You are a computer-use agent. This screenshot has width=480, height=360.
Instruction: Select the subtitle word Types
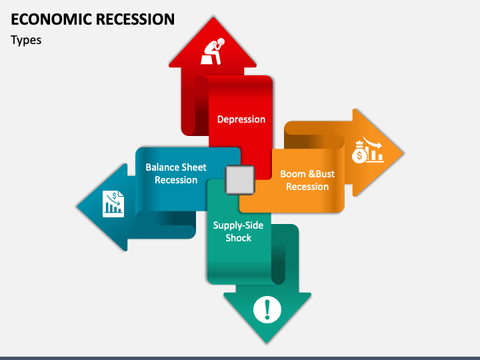click(26, 40)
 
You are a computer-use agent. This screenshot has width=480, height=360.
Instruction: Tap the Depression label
click(241, 119)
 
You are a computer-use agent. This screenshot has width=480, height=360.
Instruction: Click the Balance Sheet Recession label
click(176, 173)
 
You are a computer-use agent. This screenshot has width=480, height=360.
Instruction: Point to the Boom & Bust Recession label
click(307, 180)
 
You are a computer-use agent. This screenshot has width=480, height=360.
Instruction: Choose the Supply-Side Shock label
click(238, 231)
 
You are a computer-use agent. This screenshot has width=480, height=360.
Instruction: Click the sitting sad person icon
click(213, 51)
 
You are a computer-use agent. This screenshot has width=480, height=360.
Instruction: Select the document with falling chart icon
click(113, 203)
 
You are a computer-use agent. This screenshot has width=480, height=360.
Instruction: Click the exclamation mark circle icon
click(267, 309)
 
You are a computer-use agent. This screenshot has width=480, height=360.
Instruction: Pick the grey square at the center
click(240, 179)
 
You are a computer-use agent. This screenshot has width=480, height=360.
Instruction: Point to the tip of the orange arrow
click(403, 152)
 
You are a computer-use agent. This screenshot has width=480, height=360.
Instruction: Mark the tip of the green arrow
click(267, 342)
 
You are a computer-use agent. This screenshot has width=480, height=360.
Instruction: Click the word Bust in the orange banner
click(324, 174)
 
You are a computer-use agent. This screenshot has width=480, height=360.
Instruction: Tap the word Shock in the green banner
click(238, 238)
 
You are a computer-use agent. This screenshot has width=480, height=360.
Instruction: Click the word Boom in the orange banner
click(293, 174)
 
